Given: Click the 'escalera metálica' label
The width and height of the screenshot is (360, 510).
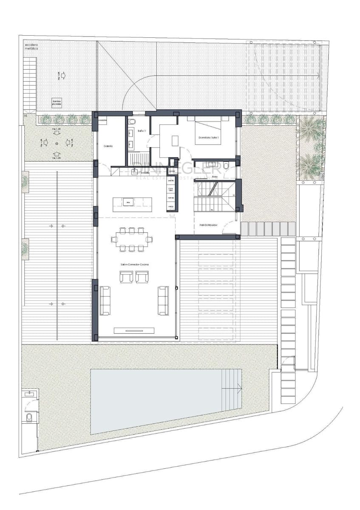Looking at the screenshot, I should (31, 46).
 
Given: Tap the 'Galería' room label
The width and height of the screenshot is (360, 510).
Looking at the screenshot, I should (108, 146).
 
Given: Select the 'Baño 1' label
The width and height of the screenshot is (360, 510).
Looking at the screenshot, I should (142, 131).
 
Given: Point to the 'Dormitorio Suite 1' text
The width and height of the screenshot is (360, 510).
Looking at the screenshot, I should (207, 138).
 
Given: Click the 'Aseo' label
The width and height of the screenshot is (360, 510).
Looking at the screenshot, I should (215, 176).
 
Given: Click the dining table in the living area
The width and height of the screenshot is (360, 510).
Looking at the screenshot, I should (132, 239).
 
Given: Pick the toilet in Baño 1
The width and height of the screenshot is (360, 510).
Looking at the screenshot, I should (132, 122).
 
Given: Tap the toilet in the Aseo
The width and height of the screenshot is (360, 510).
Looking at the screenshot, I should (227, 164).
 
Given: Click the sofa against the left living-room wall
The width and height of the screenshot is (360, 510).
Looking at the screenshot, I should (105, 300).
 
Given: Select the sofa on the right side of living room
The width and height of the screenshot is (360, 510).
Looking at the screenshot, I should (163, 300).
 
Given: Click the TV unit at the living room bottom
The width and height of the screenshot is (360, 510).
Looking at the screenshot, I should (134, 331).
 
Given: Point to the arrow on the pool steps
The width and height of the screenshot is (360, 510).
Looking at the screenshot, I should (239, 388).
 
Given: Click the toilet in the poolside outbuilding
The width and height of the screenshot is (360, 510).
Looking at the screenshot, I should (29, 417).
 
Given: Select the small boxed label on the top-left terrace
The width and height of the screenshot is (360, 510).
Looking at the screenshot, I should (57, 102).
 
